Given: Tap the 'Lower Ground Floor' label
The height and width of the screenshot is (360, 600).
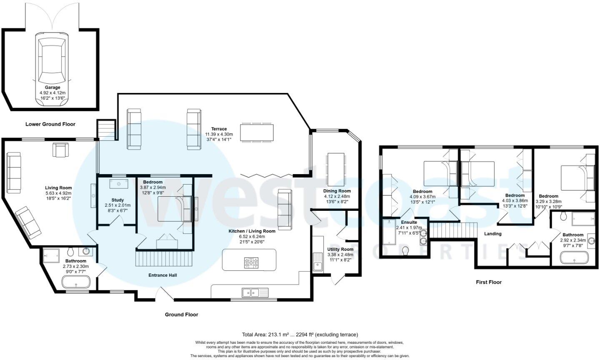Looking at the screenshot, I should coord(50,124).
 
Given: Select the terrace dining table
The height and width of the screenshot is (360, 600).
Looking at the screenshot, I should coord(257,132).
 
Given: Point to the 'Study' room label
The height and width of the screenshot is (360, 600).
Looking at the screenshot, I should coord(117,200).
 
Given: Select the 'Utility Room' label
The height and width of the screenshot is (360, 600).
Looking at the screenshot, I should coord(340,249).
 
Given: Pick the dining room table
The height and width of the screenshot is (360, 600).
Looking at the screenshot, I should coord(336,169).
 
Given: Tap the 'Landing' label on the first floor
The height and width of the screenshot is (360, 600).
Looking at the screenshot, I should coord(492,234).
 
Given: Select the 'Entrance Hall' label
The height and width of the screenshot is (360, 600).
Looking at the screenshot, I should coord(163,275).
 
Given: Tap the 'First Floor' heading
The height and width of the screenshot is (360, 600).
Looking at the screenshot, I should coord(489,282).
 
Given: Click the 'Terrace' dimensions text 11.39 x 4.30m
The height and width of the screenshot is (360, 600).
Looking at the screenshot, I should coord(219,135).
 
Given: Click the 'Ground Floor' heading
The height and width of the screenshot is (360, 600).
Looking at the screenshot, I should coord(181,315).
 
